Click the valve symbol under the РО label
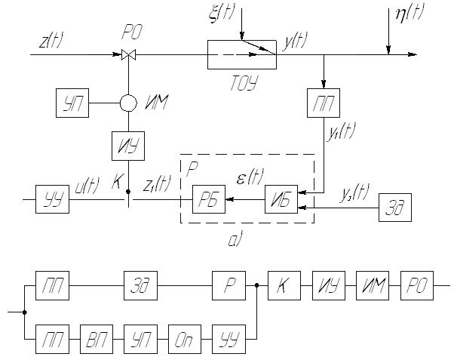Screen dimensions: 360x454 (127, 54)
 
